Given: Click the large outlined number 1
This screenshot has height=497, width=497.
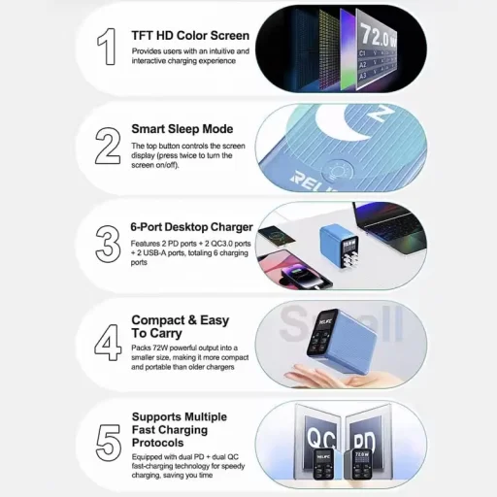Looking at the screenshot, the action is [x=107, y=47].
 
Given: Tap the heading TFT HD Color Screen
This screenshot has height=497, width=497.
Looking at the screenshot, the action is [x=190, y=36].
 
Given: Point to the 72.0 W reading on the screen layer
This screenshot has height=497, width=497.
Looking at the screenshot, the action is [x=378, y=35].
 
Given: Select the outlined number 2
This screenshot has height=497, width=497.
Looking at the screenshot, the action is [x=108, y=146].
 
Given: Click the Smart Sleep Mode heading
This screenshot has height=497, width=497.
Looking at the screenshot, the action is [x=182, y=129].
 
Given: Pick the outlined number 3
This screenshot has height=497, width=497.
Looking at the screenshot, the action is [x=108, y=244].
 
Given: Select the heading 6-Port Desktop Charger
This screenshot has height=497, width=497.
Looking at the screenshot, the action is [x=191, y=227].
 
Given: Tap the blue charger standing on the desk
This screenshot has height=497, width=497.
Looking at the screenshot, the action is [x=340, y=247].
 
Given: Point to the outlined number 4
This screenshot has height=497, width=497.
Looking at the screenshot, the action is [x=108, y=343].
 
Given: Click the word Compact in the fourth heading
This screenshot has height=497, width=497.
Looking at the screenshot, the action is [x=158, y=320].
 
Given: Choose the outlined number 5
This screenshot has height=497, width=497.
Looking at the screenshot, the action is [x=109, y=443].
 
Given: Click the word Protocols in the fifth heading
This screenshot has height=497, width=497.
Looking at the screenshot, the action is [x=158, y=443].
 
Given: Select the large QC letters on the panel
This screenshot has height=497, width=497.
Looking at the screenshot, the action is [x=321, y=438].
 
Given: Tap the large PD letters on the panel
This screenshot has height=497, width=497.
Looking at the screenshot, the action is [x=364, y=441].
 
